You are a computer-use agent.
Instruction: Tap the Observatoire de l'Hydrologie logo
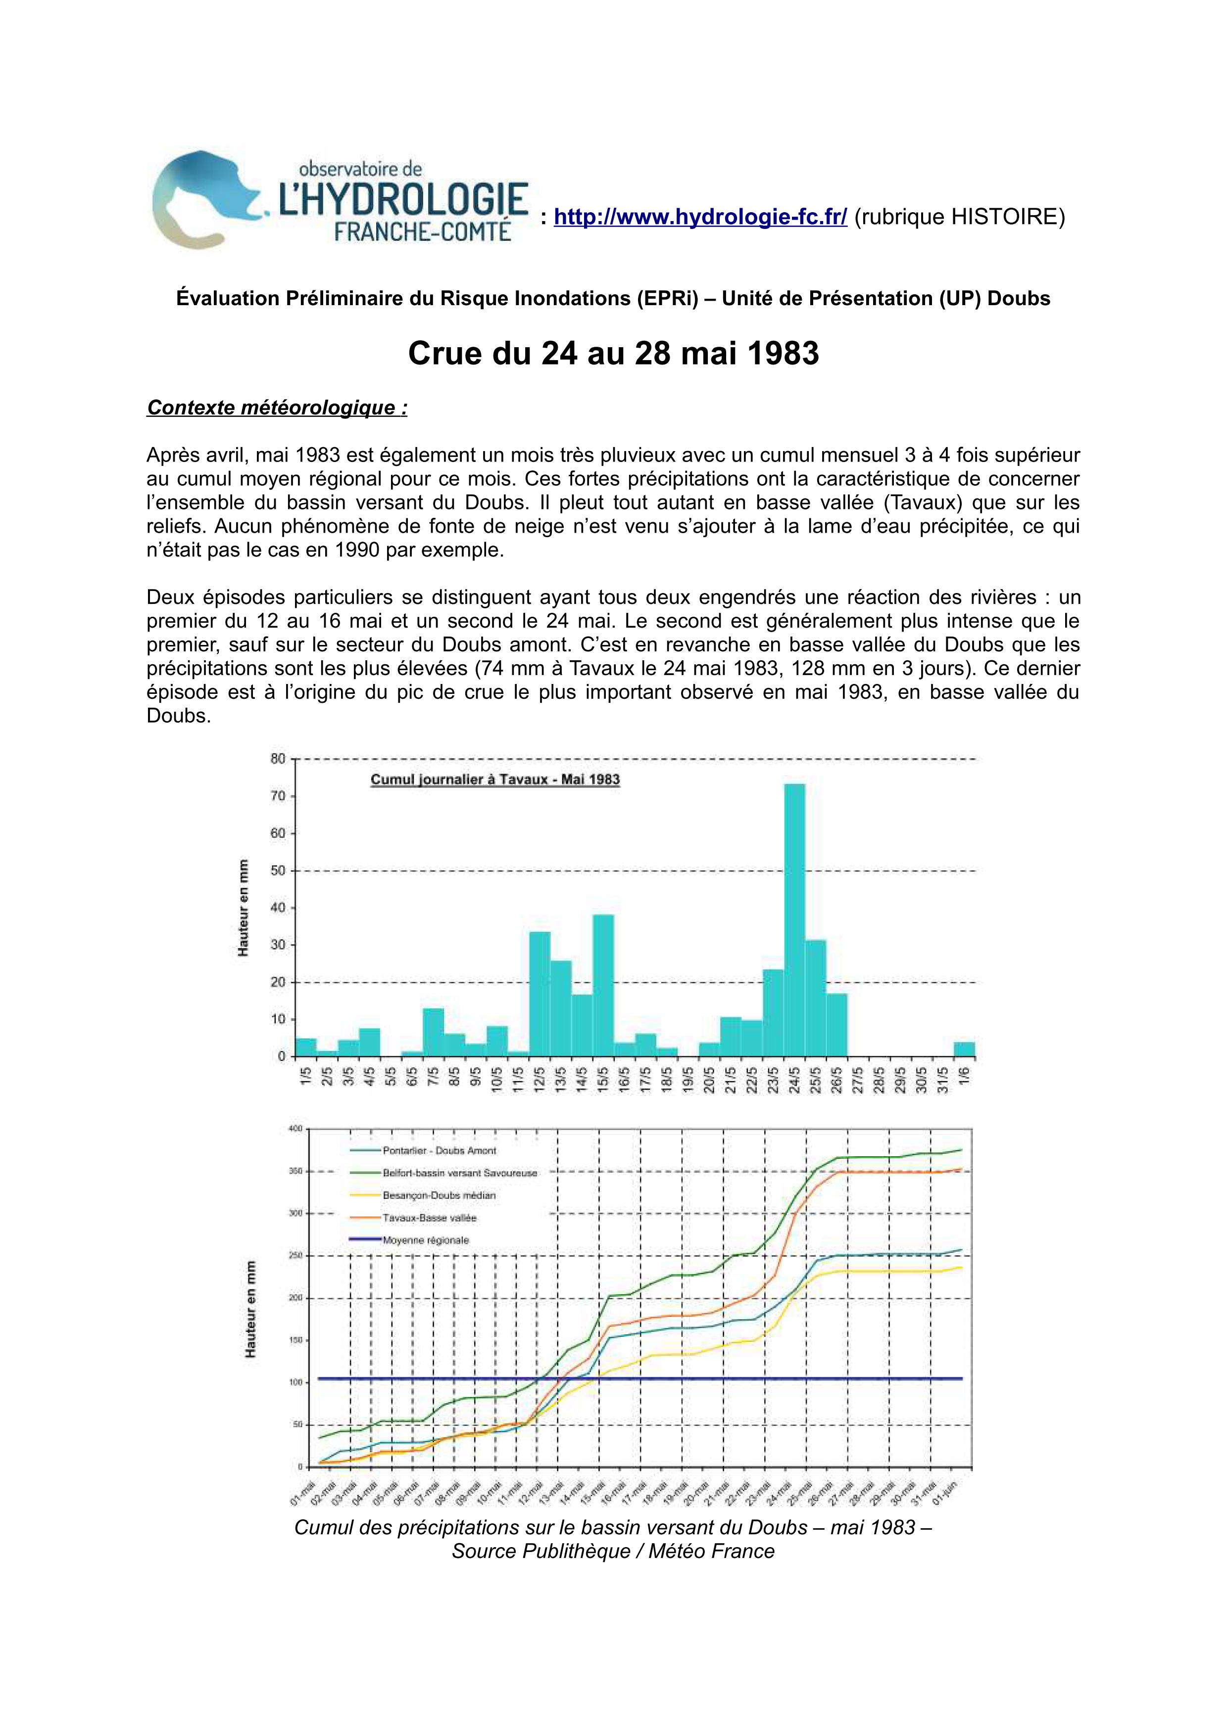click(x=340, y=199)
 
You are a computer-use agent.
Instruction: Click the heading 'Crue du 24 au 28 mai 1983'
click(x=613, y=354)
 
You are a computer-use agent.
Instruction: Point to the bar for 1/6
click(x=964, y=1049)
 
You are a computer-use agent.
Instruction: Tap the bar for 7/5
click(x=433, y=1032)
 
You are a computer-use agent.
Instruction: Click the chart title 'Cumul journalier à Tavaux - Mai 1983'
click(x=495, y=780)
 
